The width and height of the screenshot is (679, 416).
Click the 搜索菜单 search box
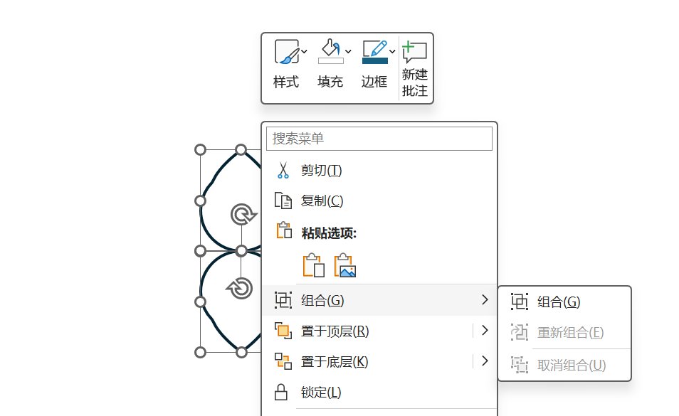379,139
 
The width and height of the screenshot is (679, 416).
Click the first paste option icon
313,265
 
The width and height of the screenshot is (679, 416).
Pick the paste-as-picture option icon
344,265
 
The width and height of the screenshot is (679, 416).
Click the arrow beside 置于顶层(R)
485,331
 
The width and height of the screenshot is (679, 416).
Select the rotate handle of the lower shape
239,288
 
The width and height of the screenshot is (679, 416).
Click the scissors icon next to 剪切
283,171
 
